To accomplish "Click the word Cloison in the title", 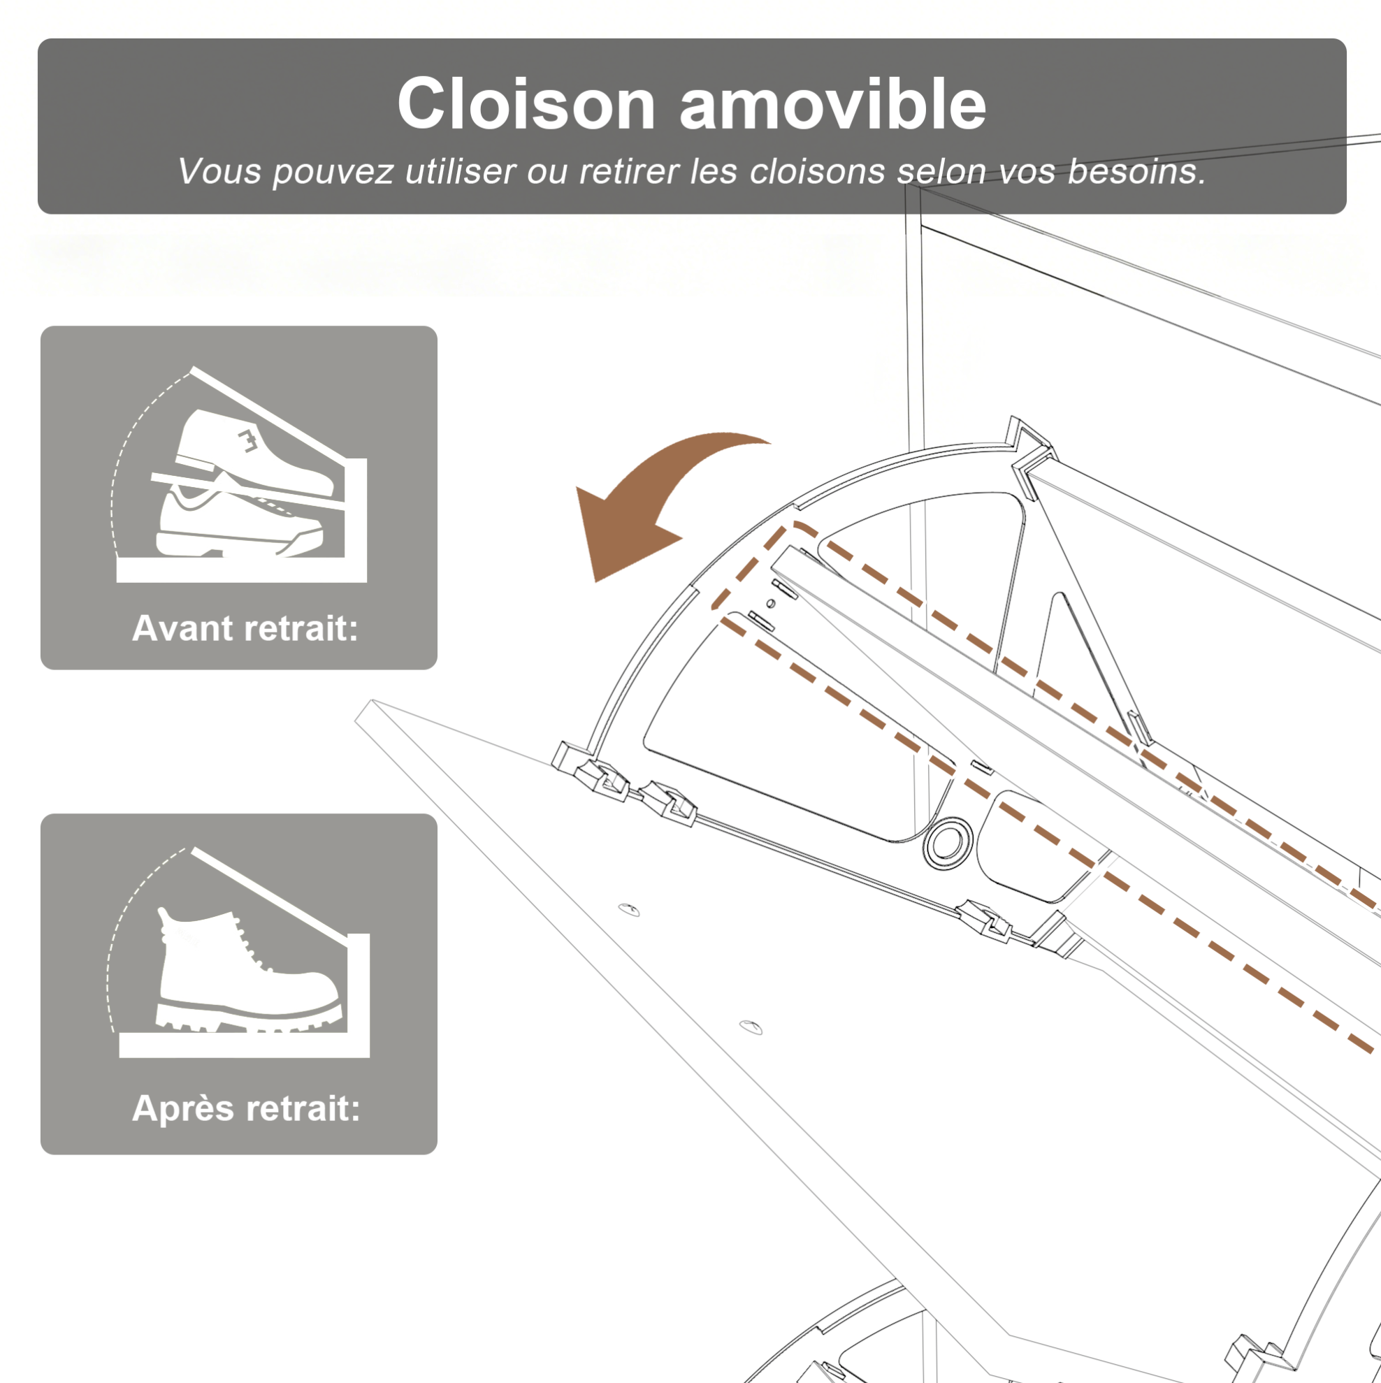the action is click(x=526, y=104).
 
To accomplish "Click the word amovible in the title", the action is click(x=832, y=104).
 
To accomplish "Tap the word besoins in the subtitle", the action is click(x=1136, y=172).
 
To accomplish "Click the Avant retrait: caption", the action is click(x=245, y=628).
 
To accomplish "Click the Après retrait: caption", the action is click(x=246, y=1109).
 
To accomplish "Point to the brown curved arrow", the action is click(x=658, y=501).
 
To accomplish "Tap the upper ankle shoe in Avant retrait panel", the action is click(x=254, y=451).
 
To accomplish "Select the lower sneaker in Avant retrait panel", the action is click(x=238, y=521).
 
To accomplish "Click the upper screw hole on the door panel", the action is click(x=628, y=910).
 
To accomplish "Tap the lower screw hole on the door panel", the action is click(x=751, y=1028).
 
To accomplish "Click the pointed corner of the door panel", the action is click(x=372, y=701).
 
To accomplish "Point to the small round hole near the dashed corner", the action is click(x=770, y=604).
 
